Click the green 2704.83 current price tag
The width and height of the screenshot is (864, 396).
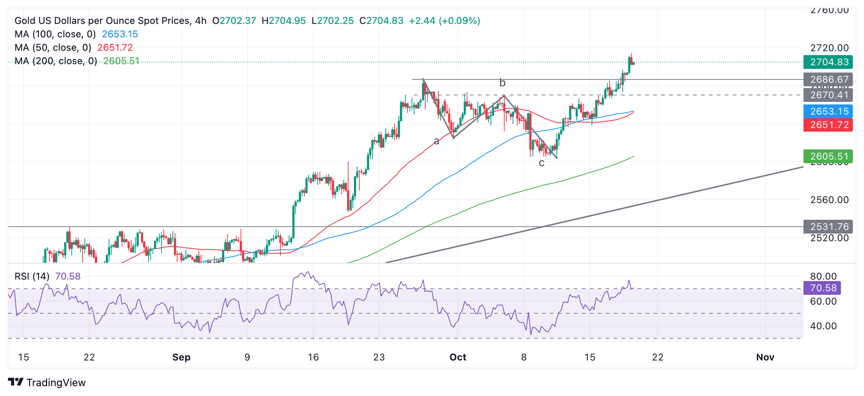828,62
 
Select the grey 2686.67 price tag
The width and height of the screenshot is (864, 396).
828,79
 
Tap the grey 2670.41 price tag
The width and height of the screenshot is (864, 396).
828,95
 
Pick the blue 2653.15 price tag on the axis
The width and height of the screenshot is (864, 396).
828,111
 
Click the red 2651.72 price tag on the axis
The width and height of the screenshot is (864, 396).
828,125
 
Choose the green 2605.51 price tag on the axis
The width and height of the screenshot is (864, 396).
828,156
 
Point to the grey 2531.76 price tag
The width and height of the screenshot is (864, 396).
828,227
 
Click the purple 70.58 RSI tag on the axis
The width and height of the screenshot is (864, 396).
822,288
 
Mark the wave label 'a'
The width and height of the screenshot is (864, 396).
437,141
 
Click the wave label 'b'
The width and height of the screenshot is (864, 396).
502,83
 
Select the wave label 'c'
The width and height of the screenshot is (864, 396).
542,163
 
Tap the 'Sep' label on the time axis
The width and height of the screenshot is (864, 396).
181,357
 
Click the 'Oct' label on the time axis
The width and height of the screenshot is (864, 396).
458,357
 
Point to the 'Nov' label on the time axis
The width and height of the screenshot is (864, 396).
765,357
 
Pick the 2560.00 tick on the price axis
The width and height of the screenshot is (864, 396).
830,200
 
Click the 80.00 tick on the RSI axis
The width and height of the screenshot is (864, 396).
823,276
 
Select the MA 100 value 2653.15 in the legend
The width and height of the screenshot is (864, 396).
120,34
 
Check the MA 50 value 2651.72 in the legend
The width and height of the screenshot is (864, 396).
115,48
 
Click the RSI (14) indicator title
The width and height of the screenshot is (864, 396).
32,276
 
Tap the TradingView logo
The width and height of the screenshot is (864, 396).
47,383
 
